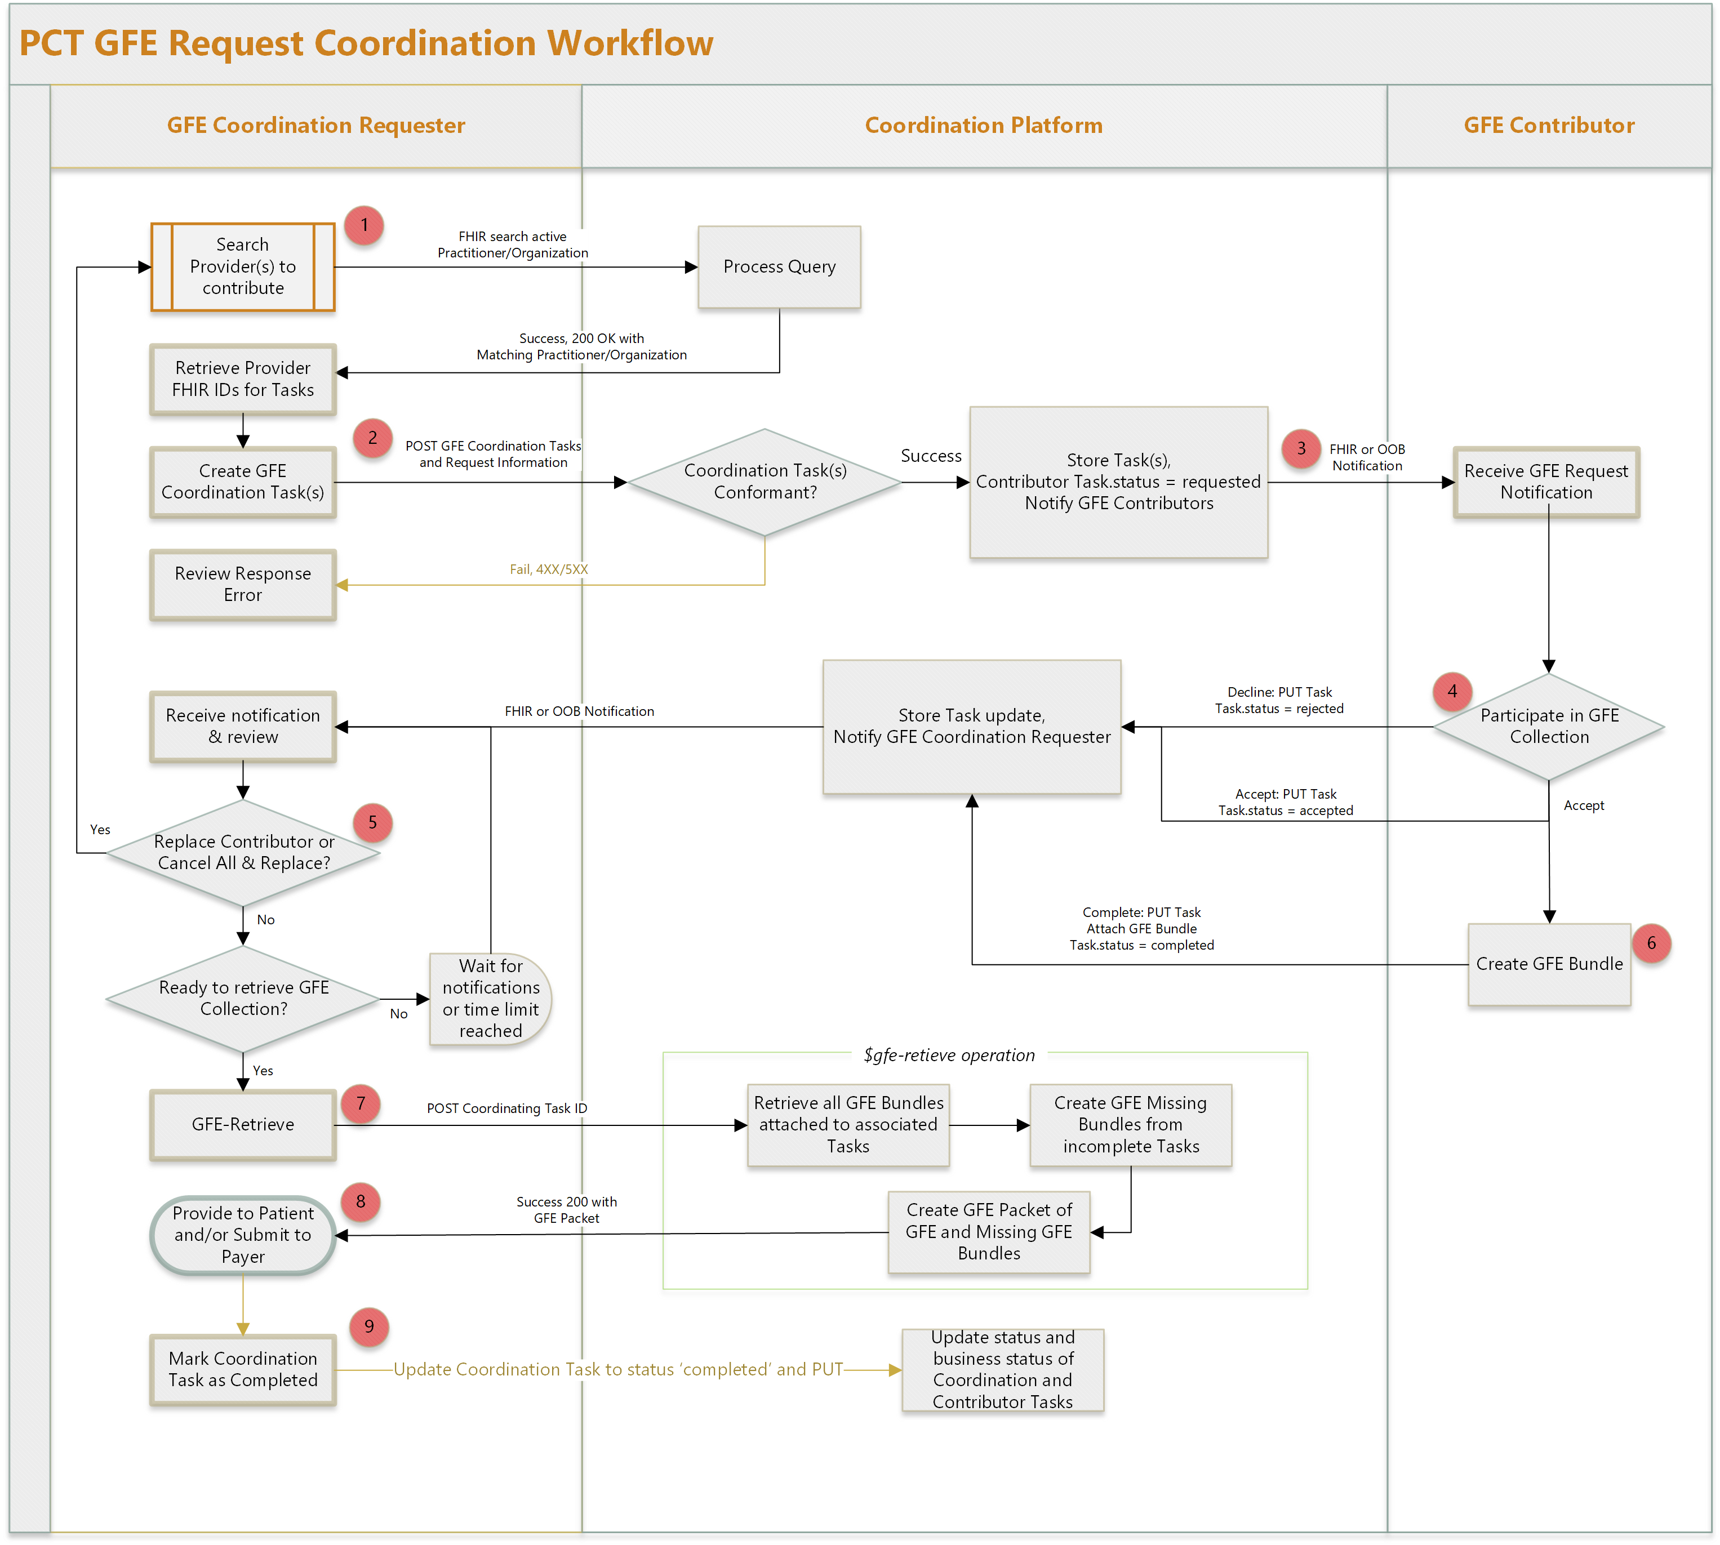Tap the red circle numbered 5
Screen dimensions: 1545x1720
coord(372,822)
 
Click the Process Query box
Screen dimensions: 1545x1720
coord(779,266)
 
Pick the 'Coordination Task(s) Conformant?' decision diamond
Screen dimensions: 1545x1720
coord(764,482)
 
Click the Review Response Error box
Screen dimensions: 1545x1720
coord(243,585)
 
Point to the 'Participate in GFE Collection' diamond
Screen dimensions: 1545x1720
coord(1549,727)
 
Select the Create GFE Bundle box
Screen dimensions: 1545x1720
coord(1549,964)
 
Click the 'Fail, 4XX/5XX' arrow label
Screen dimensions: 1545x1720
coord(548,569)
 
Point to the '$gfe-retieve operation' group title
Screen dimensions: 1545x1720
coord(949,1055)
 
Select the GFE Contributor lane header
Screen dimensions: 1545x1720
coord(1549,126)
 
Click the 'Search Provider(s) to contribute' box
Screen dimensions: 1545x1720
coord(243,266)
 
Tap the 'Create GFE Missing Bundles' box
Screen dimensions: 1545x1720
coord(1130,1125)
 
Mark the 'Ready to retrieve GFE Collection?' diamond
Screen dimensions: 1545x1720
coord(243,998)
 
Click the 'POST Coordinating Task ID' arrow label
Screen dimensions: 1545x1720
coord(507,1108)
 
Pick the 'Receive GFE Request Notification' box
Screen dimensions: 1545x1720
coord(1546,482)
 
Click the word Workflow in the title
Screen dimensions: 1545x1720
coord(630,43)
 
